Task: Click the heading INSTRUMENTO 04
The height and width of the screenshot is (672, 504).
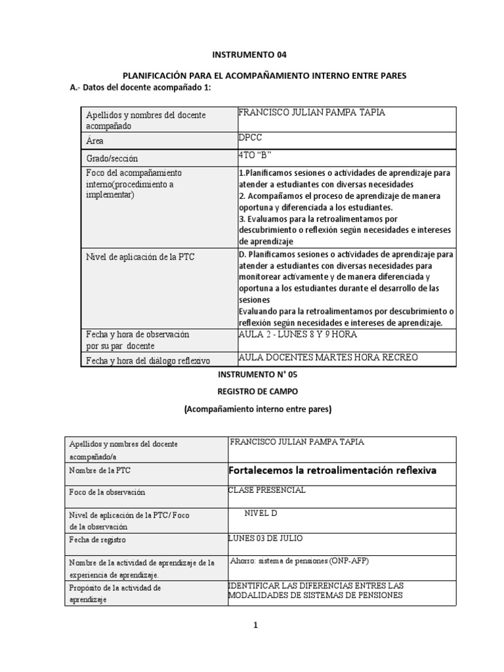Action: (251, 54)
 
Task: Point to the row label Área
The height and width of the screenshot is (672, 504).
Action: (95, 141)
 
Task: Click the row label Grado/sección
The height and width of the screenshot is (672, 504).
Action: (112, 159)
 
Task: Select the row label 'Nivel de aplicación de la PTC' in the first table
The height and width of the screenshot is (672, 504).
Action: (140, 257)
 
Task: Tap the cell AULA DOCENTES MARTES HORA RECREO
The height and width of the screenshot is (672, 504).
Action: (328, 357)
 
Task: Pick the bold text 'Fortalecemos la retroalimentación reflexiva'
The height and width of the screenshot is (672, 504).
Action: (332, 471)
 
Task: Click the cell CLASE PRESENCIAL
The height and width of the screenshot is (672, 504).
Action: (266, 490)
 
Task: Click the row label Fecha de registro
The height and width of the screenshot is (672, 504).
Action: (96, 539)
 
